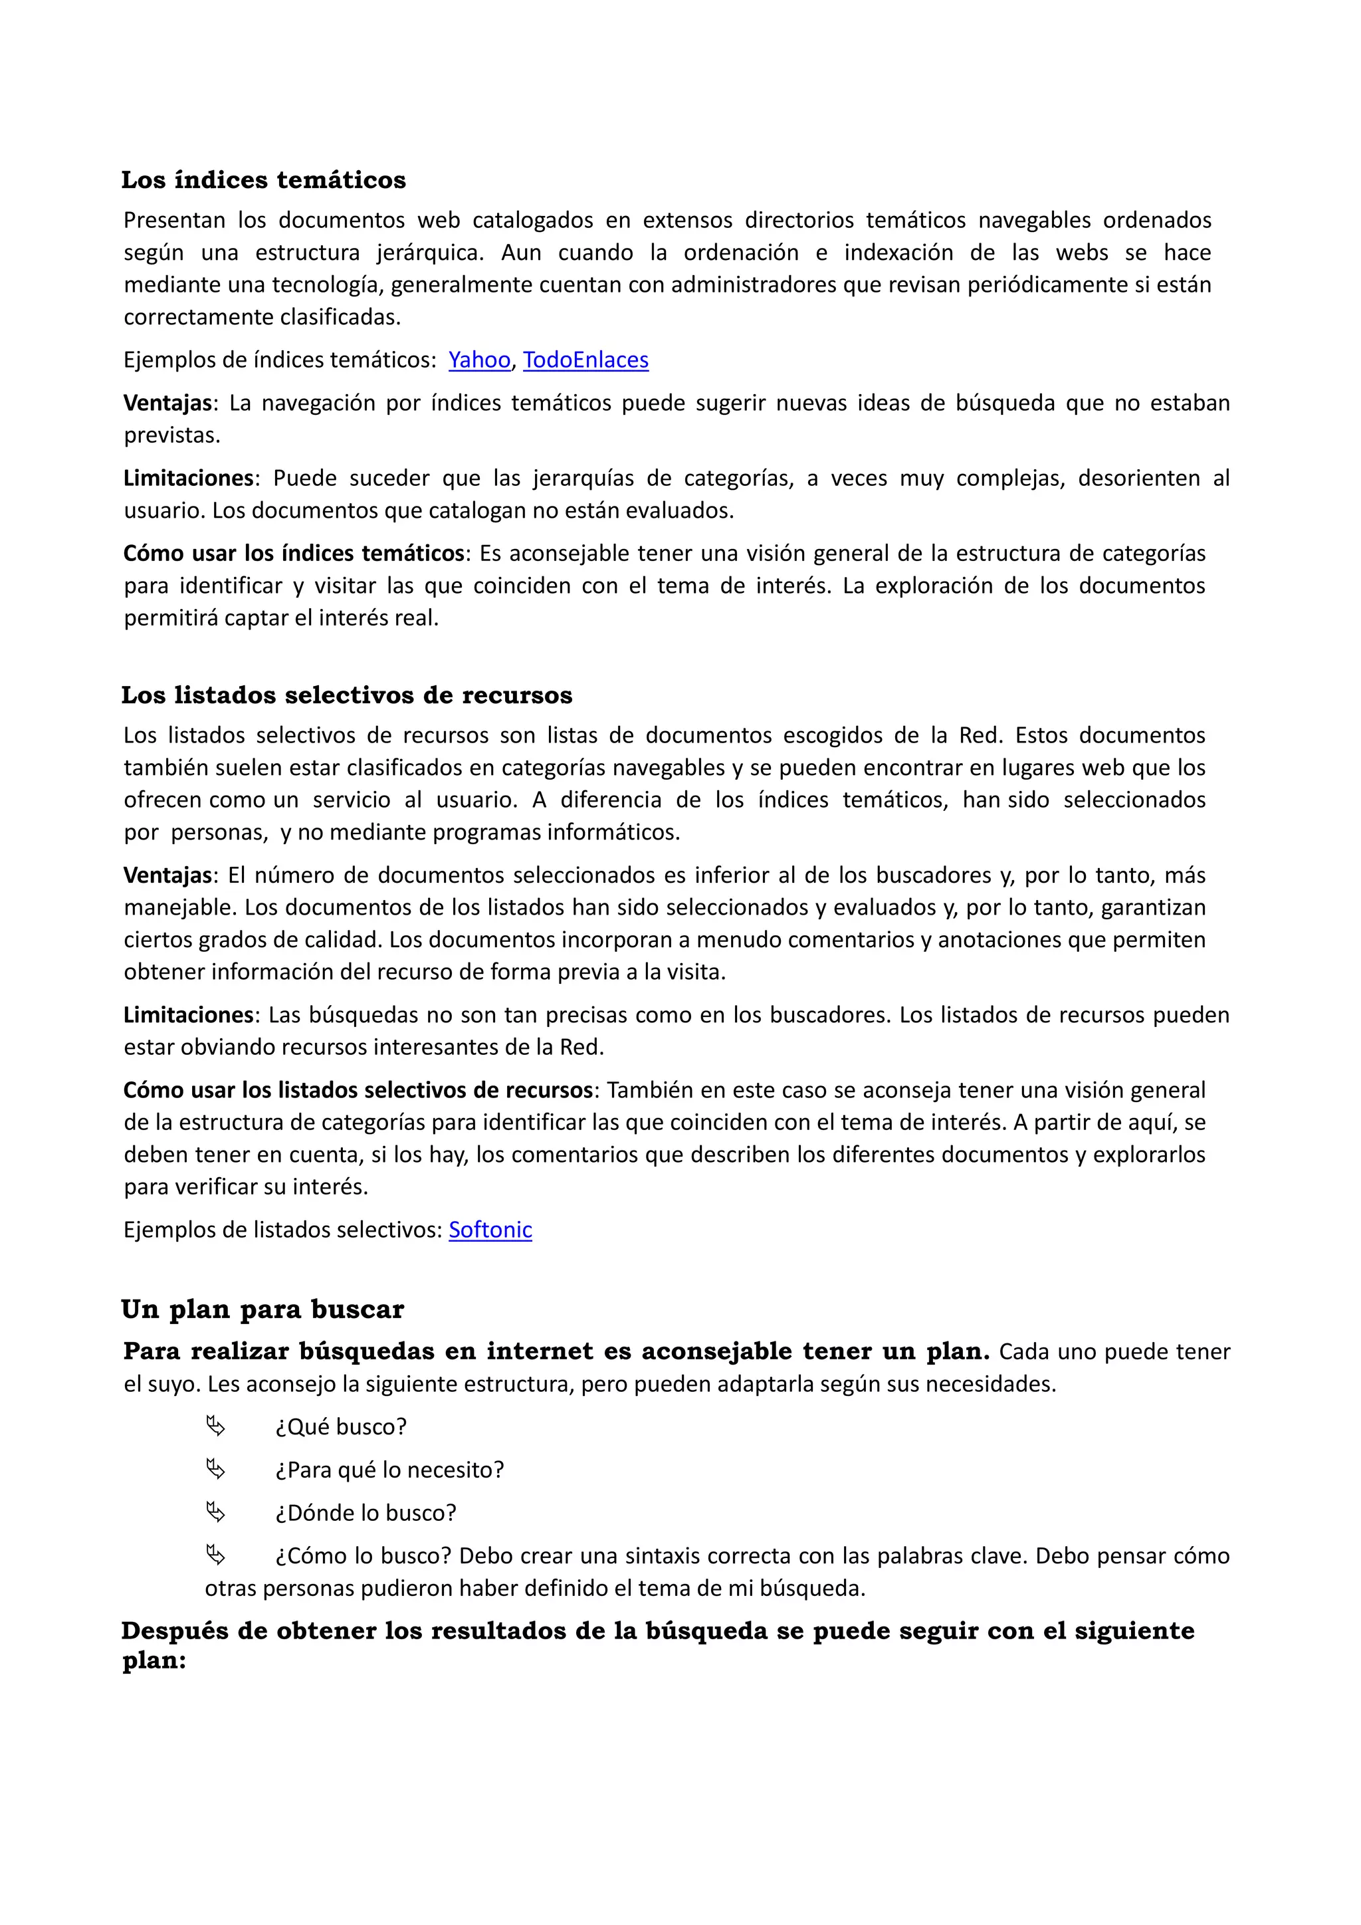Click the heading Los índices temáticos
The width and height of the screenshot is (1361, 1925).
click(x=263, y=179)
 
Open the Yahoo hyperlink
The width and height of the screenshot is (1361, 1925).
click(x=478, y=360)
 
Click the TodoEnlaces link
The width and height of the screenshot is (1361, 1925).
click(x=585, y=360)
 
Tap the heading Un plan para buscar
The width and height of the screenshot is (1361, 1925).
click(x=262, y=1309)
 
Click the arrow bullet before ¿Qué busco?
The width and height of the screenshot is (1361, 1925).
click(x=215, y=1426)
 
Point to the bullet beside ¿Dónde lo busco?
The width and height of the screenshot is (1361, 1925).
click(x=215, y=1512)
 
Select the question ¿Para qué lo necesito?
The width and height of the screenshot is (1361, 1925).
click(x=389, y=1470)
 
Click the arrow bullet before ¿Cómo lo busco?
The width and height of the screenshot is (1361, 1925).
click(x=215, y=1555)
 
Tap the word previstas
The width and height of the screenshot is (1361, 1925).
click(x=172, y=435)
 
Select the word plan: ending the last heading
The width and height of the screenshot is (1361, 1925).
click(x=154, y=1661)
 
